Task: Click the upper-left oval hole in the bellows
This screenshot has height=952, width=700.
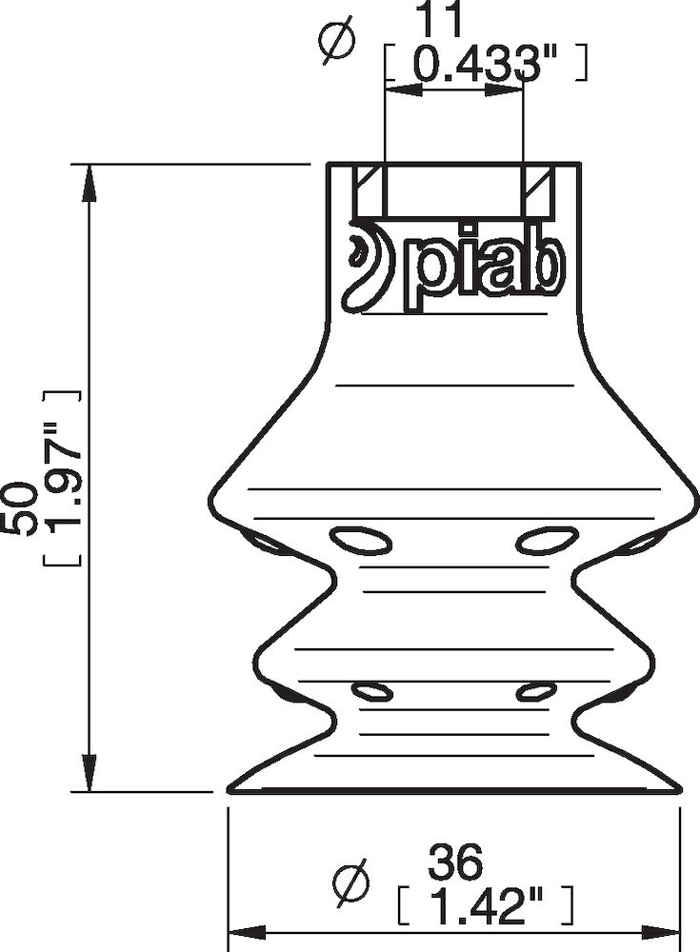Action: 361,541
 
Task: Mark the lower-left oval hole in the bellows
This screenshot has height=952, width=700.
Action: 371,691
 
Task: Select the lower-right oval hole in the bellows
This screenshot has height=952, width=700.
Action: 536,691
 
